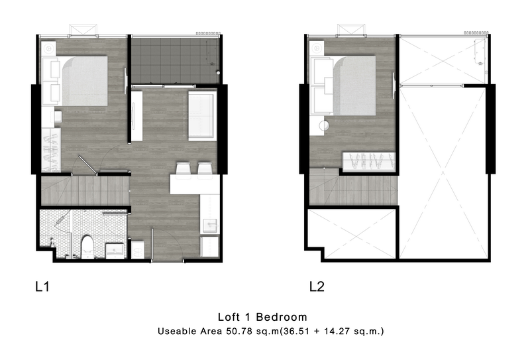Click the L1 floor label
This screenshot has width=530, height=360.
(42, 287)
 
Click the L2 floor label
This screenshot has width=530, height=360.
(317, 287)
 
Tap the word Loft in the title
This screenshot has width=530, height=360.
(228, 317)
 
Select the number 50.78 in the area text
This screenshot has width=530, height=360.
(239, 331)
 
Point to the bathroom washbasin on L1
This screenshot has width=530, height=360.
(115, 251)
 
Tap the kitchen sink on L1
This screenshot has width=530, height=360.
(209, 225)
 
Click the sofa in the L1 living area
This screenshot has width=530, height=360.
(203, 115)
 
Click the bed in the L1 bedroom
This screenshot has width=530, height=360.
(81, 81)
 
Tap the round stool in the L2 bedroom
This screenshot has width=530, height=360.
(324, 126)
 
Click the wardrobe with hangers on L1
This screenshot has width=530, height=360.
(51, 150)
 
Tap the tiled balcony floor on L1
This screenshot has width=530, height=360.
(175, 60)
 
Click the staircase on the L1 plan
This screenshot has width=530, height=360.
(85, 191)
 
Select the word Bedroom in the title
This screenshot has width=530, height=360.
(282, 317)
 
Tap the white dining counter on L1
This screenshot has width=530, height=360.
(195, 184)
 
